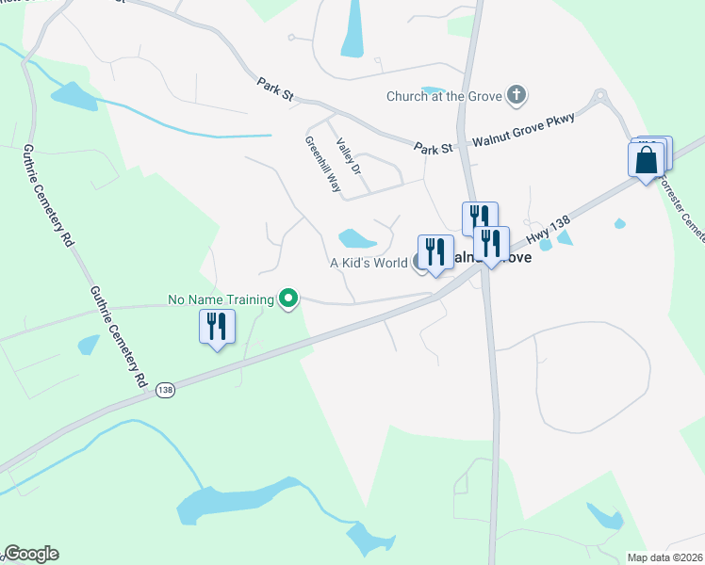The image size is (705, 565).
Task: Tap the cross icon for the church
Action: point(516,94)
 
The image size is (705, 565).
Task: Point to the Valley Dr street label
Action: point(349,154)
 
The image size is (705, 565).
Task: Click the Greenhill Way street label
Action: point(322,165)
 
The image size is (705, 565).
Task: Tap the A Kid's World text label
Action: point(368,264)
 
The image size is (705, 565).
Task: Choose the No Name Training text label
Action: point(221,299)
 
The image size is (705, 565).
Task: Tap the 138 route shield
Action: point(167,389)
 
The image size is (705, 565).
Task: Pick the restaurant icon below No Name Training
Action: point(218,327)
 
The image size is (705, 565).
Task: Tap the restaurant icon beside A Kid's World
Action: point(434,251)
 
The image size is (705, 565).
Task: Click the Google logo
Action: point(31,554)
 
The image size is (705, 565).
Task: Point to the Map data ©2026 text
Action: point(664,557)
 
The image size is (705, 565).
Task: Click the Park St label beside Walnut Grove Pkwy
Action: point(434,148)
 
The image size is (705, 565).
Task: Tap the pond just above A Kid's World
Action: point(357,238)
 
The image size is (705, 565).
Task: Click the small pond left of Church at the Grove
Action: point(433,90)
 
